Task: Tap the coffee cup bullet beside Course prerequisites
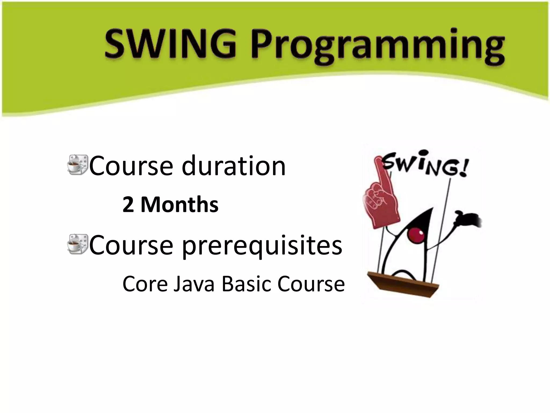[78, 244]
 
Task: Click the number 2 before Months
[128, 205]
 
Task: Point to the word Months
[179, 205]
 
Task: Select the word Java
[194, 284]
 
